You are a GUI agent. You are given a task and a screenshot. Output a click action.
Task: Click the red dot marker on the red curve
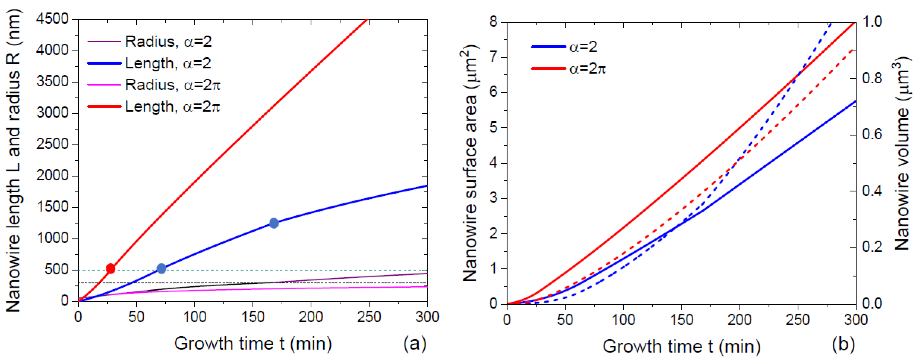pyautogui.click(x=110, y=268)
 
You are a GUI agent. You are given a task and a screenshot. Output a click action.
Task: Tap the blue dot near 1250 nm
pyautogui.click(x=274, y=223)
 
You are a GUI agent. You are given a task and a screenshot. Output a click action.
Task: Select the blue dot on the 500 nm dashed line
pyautogui.click(x=161, y=268)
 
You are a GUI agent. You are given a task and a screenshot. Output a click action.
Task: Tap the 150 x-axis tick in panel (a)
pyautogui.click(x=252, y=317)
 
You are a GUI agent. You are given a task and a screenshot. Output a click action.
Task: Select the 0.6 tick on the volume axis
pyautogui.click(x=872, y=134)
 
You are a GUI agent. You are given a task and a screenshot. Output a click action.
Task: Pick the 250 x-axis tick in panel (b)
pyautogui.click(x=797, y=320)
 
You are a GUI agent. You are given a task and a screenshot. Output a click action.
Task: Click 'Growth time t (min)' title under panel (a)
pyautogui.click(x=252, y=344)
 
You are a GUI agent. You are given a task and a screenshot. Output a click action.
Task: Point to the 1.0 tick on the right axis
pyautogui.click(x=872, y=22)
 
